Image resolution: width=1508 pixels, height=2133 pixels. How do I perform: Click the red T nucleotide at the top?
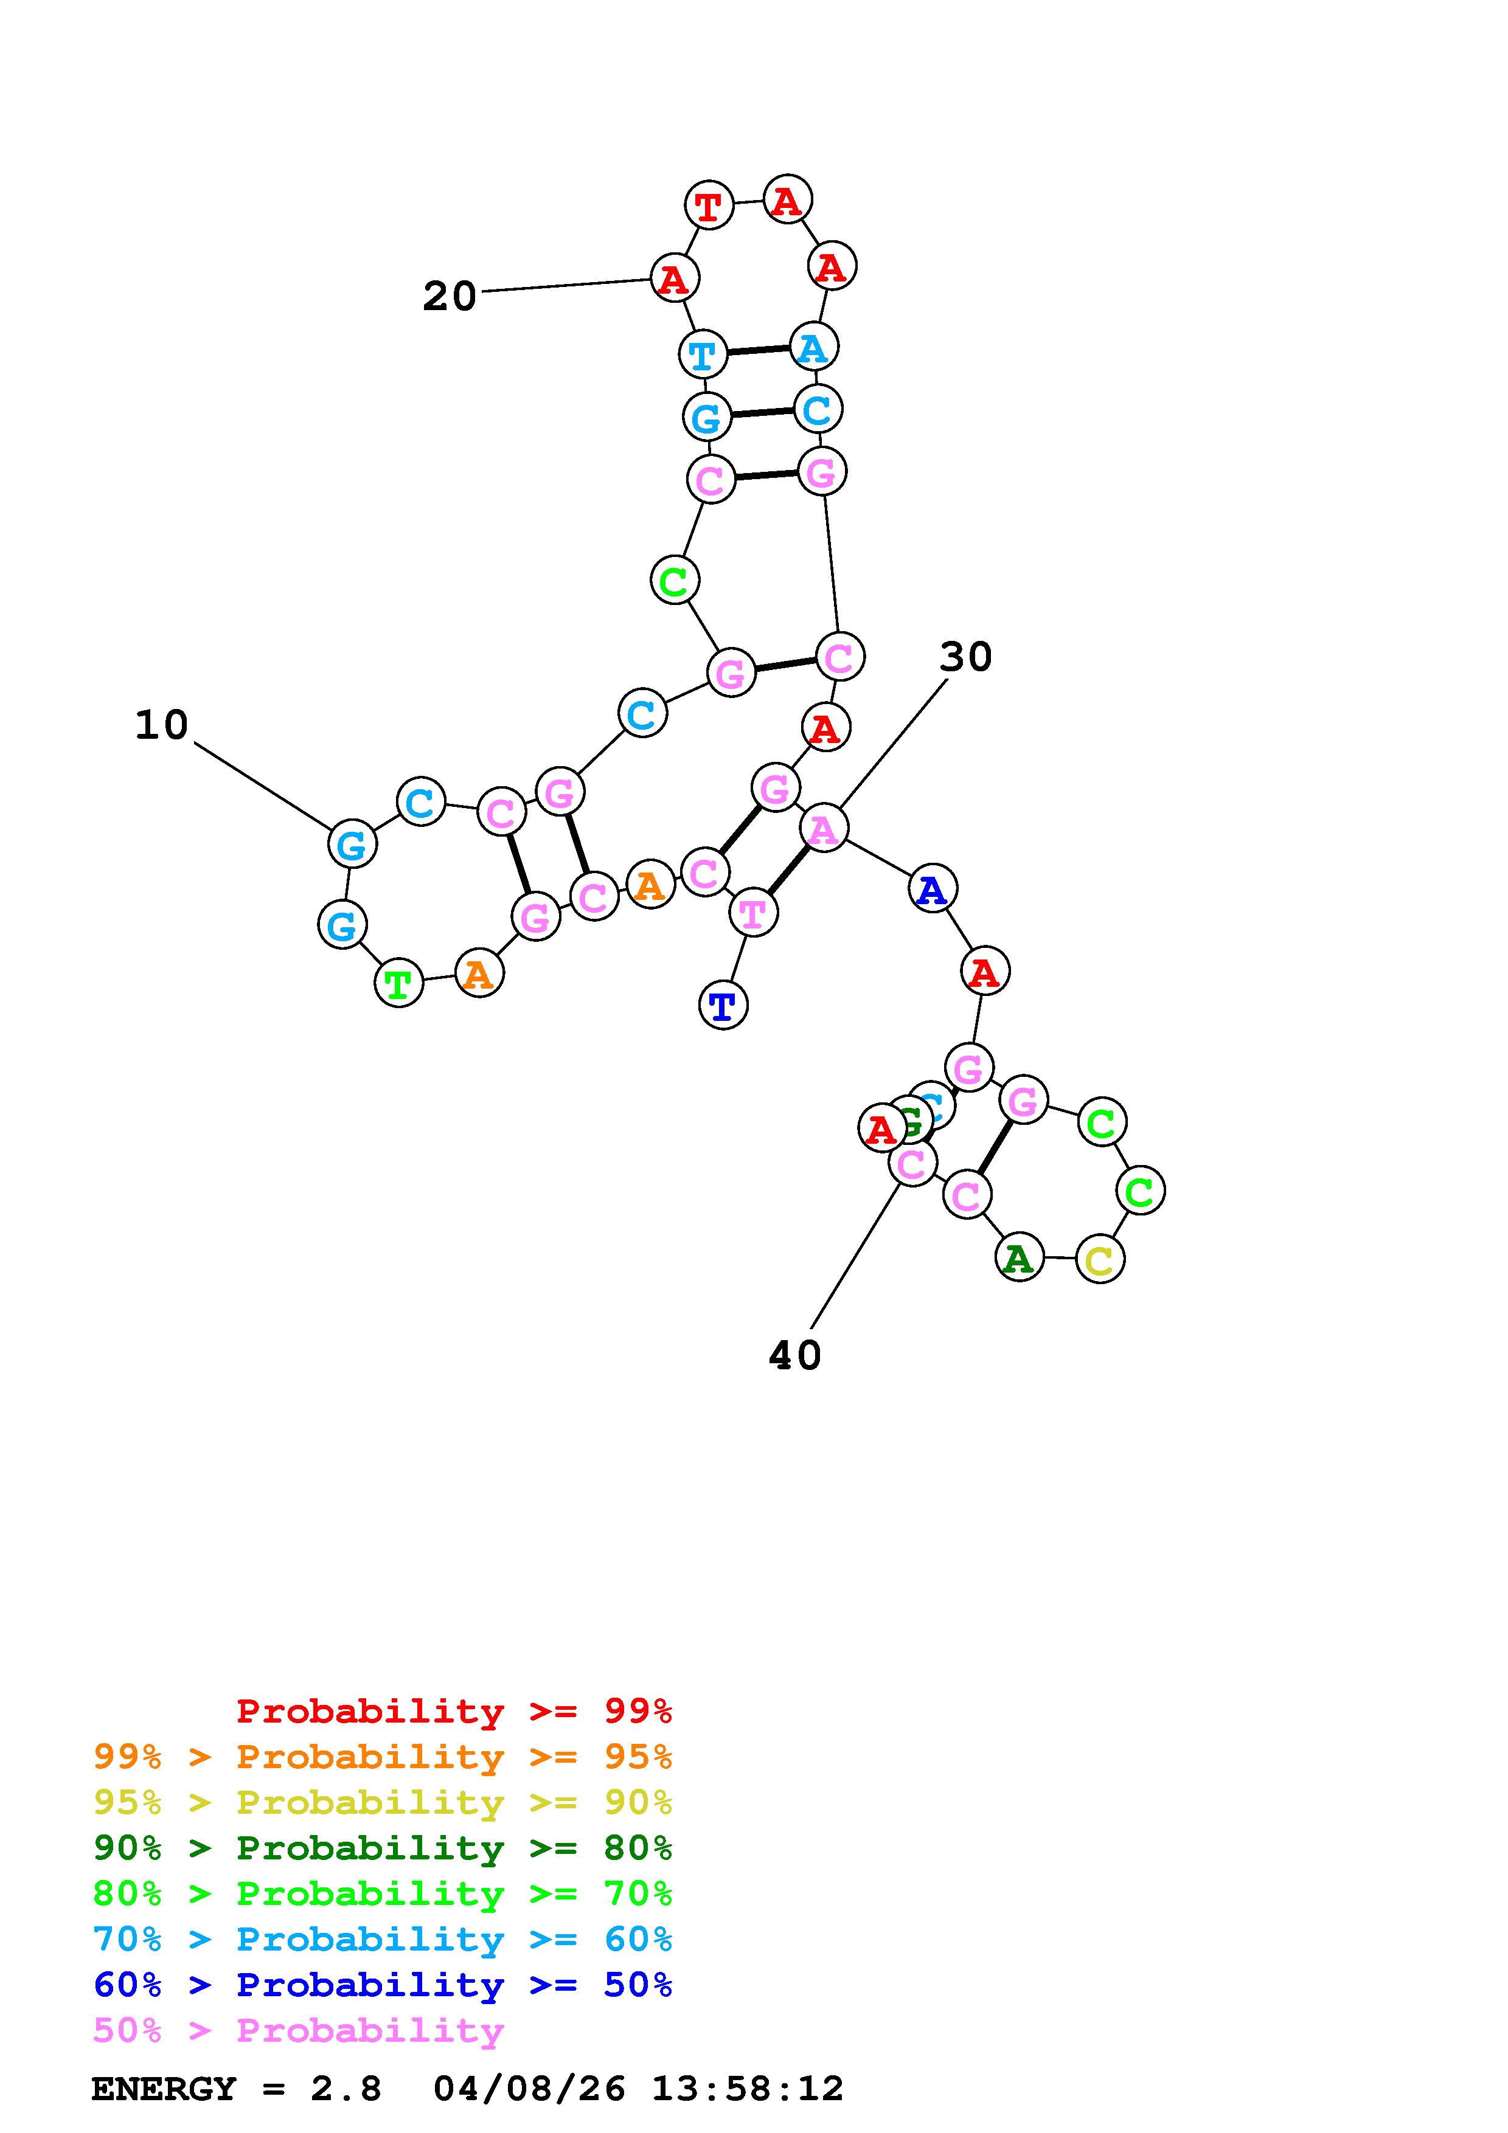tap(708, 206)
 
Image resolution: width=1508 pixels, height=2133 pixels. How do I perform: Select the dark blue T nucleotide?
tap(722, 1005)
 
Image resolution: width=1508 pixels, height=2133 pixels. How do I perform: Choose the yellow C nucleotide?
tap(1099, 1260)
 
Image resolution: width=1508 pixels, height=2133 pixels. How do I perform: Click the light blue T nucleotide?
tap(703, 354)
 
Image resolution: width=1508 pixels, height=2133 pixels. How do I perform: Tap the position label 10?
tap(162, 725)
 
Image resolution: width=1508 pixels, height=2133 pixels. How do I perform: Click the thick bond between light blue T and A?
tap(758, 350)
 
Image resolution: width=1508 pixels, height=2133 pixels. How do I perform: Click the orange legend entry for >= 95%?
tap(383, 1757)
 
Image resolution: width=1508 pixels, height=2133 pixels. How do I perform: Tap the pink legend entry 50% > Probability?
tap(298, 2030)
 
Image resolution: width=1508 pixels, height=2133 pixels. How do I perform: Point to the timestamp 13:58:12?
tap(747, 2089)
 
